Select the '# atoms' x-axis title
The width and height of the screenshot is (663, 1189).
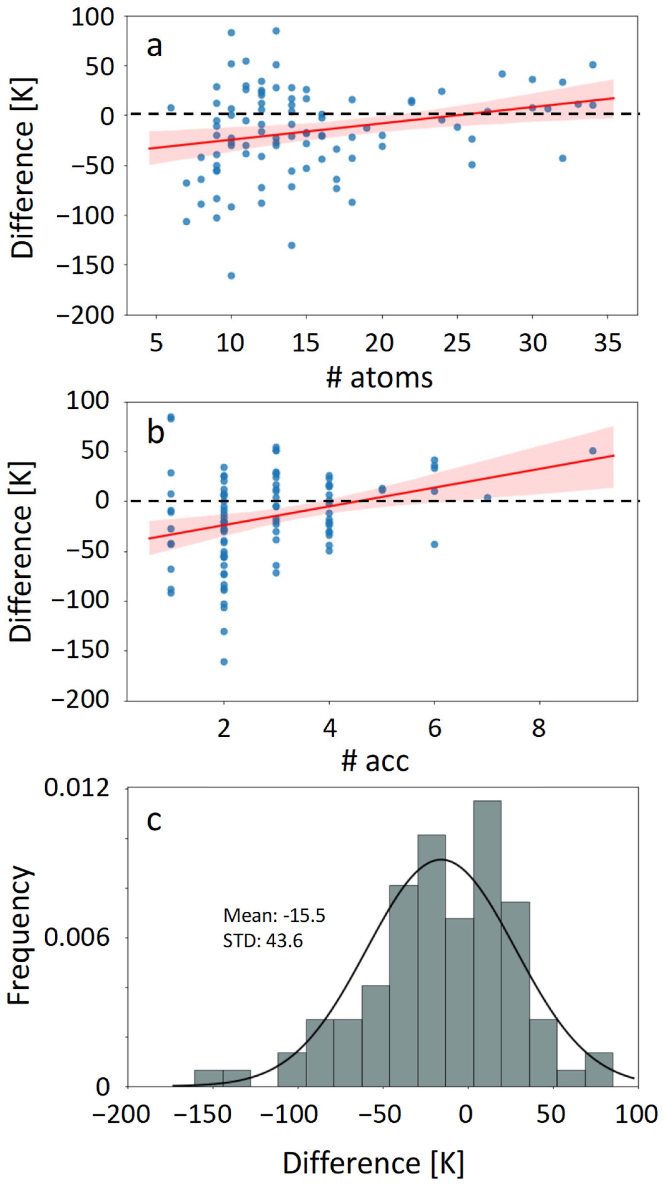click(x=379, y=378)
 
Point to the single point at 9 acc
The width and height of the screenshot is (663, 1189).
click(x=593, y=451)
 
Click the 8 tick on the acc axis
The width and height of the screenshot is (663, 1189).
click(x=539, y=728)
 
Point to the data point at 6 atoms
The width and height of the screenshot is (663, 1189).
click(x=171, y=108)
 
